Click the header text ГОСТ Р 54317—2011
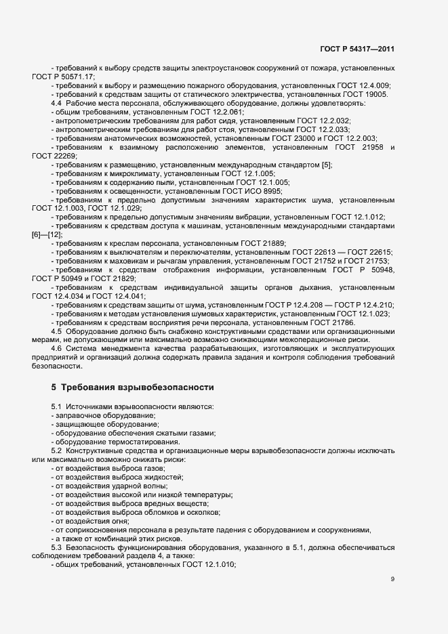coord(357,49)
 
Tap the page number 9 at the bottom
coord(392,580)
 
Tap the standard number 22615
coord(378,253)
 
